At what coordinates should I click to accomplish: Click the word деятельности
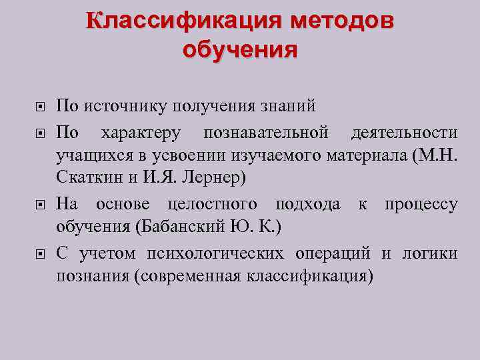(x=405, y=132)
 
